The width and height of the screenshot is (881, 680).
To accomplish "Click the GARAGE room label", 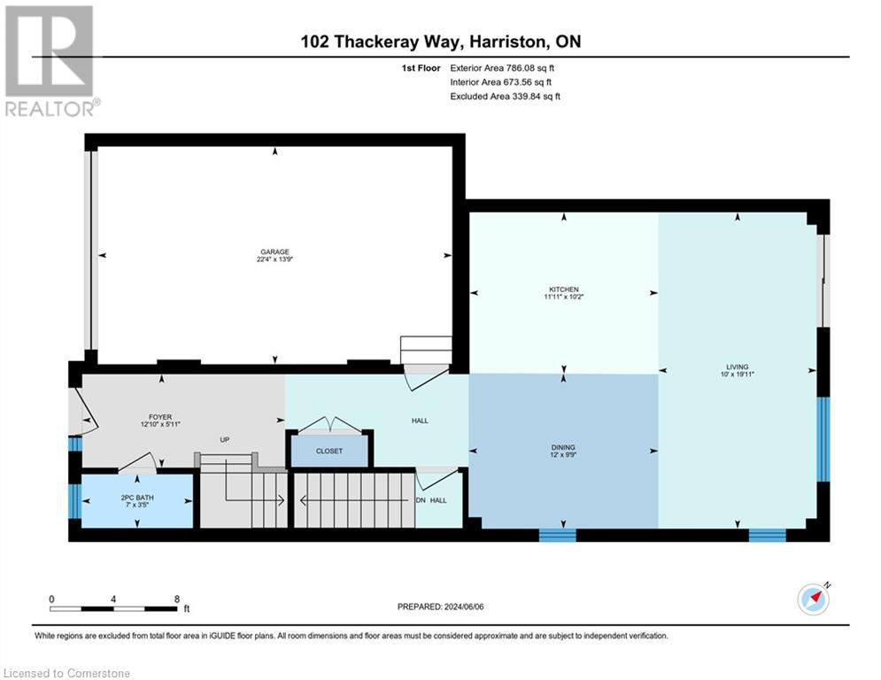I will (274, 251).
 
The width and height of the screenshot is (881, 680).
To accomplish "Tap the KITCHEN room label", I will (563, 290).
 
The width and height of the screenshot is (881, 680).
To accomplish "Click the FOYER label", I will (159, 417).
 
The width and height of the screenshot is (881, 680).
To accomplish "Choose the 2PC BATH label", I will (137, 498).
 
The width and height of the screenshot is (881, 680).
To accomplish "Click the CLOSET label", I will (328, 452).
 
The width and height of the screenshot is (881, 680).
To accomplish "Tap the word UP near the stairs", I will (225, 439).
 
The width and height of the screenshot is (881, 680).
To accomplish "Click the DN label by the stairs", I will (421, 500).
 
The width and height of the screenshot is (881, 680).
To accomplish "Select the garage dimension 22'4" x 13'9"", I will (274, 259).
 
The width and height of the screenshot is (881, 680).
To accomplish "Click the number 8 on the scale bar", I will (177, 599).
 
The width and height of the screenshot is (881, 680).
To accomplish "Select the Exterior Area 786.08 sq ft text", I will (502, 67).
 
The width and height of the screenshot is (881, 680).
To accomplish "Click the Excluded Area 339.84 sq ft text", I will (505, 97).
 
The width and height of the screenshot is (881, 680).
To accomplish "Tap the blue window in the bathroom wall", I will (74, 500).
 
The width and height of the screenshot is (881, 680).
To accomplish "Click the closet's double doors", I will (328, 426).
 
